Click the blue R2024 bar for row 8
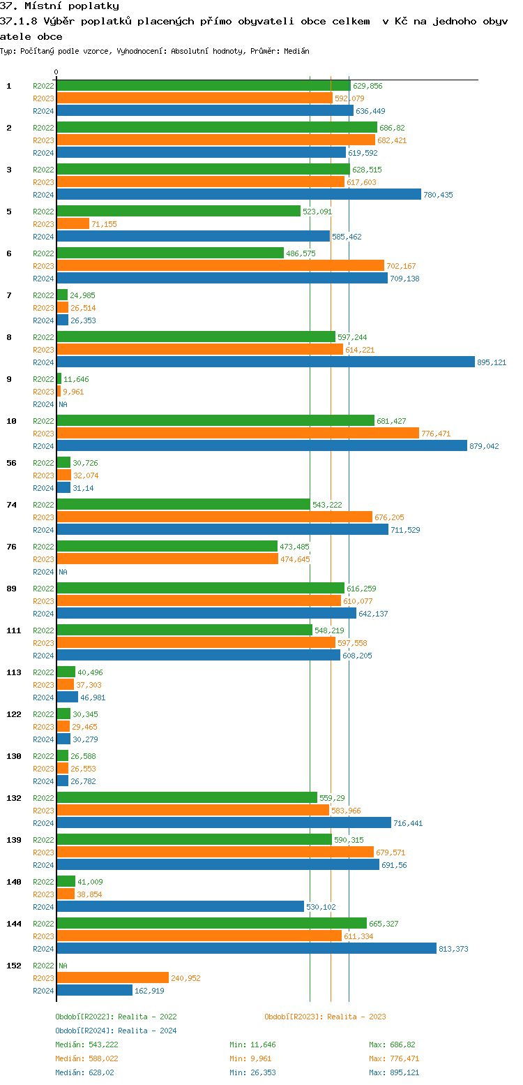[x=265, y=362]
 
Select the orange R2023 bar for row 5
[x=73, y=224]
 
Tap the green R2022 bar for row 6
[x=170, y=253]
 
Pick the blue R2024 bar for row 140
[x=180, y=907]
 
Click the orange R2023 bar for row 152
[x=112, y=978]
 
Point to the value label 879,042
[x=484, y=446]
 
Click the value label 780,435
[x=438, y=195]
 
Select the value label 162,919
[x=149, y=991]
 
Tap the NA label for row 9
[x=63, y=404]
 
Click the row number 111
[x=13, y=630]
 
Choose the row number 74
[x=11, y=505]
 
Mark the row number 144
[x=13, y=924]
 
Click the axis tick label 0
[x=56, y=72]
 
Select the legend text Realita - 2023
[x=356, y=1017]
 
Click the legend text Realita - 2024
[x=147, y=1031]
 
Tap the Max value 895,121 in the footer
[x=404, y=1072]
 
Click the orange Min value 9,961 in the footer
[x=262, y=1058]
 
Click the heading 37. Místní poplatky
[x=59, y=6]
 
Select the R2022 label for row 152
[x=43, y=966]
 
